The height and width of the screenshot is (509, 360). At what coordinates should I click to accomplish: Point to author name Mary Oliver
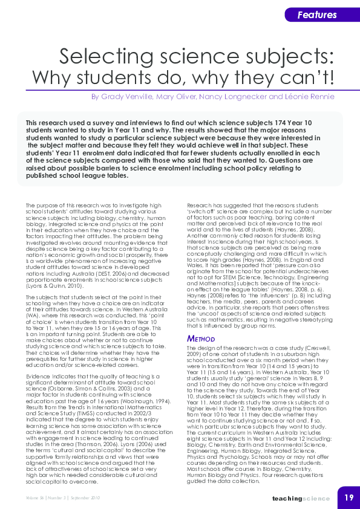click(x=174, y=97)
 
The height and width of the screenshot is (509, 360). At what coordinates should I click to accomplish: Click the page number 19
click(x=349, y=498)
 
